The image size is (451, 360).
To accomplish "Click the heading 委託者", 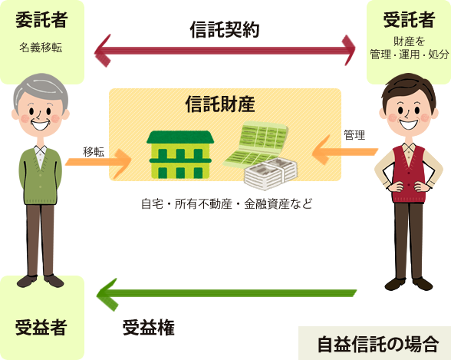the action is click(41, 20).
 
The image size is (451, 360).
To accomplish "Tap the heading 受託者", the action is click(409, 20).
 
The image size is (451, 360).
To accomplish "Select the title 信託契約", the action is click(225, 30).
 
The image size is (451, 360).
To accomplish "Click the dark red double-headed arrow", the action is click(225, 51).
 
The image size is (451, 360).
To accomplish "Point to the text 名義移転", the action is click(41, 48).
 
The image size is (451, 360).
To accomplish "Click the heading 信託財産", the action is click(220, 104).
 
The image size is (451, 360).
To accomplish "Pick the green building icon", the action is click(180, 154).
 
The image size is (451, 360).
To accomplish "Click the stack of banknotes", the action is click(271, 173).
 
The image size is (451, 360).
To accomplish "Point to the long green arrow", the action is click(226, 294).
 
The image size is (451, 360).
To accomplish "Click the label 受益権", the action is click(149, 328).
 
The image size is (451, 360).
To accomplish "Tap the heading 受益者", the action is click(41, 328).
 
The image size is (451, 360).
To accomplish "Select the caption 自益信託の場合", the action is click(378, 344).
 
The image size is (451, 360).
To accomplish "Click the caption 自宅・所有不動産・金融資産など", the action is click(227, 203).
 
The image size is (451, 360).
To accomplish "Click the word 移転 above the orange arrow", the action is click(94, 152).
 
